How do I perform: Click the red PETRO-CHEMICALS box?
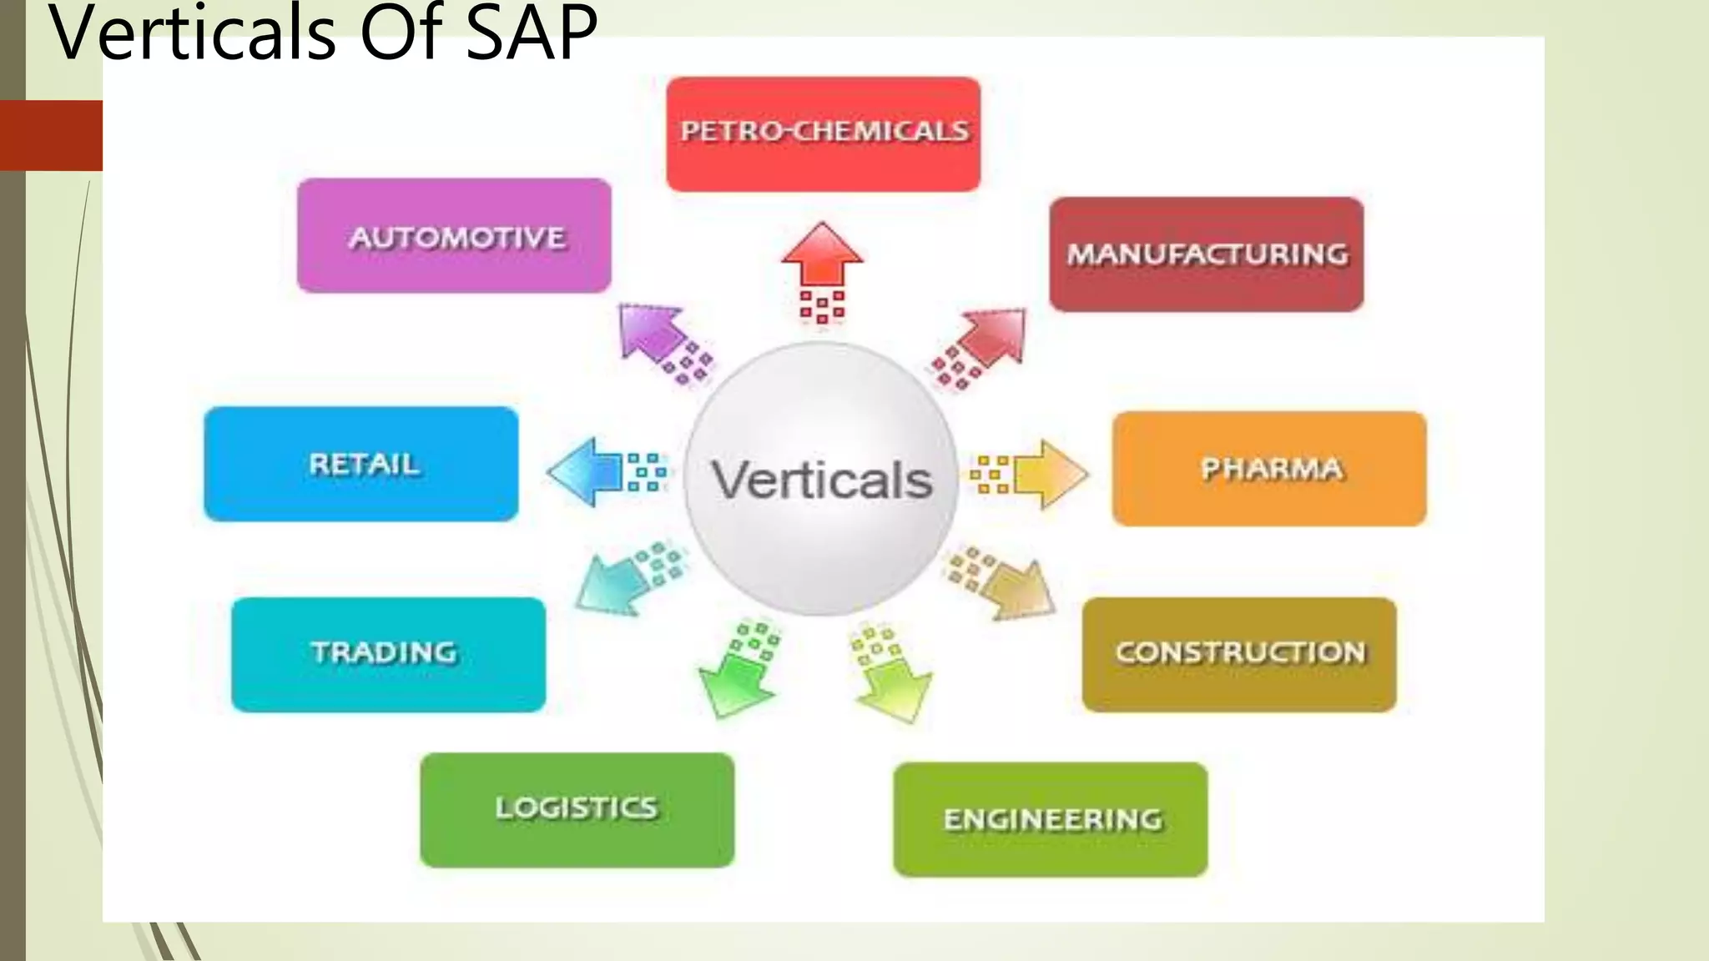(x=823, y=134)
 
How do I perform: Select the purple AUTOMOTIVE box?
(x=454, y=235)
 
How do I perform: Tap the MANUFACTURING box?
(x=1207, y=254)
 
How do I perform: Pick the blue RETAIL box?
(x=361, y=464)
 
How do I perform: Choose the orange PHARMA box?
(x=1269, y=468)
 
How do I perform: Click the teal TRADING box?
(x=388, y=654)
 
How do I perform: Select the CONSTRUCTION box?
(x=1239, y=654)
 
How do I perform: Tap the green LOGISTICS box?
(x=577, y=809)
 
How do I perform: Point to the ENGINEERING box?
(x=1051, y=819)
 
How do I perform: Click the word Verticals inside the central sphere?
(x=821, y=480)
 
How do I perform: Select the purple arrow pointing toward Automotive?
(x=654, y=335)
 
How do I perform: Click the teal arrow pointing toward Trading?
(x=613, y=583)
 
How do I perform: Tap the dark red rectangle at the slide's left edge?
(x=51, y=135)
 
